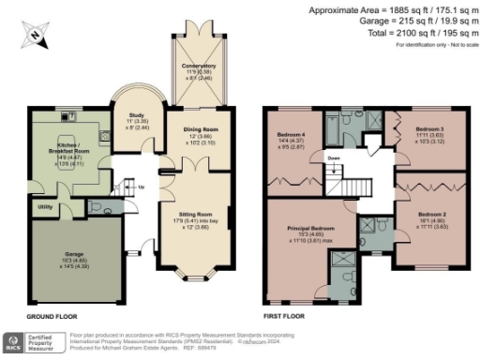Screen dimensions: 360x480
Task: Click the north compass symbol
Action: pos(35,35)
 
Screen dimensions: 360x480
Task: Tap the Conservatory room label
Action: pos(199,67)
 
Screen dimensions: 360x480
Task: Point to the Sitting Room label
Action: pos(198,215)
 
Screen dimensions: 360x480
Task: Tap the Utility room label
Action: pos(43,205)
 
